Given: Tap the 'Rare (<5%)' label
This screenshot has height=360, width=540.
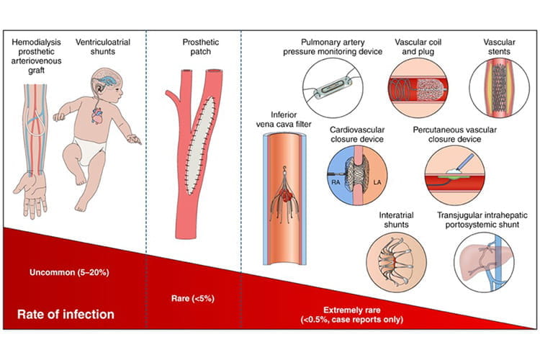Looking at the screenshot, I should coord(193,297).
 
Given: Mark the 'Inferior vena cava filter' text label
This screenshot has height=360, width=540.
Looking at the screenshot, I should coord(284,120).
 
